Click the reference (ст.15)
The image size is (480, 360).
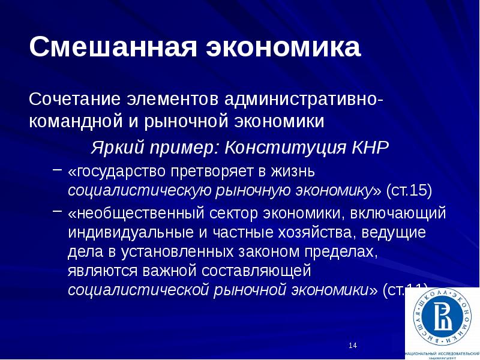pyautogui.click(x=408, y=191)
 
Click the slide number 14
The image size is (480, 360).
pyautogui.click(x=353, y=345)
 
